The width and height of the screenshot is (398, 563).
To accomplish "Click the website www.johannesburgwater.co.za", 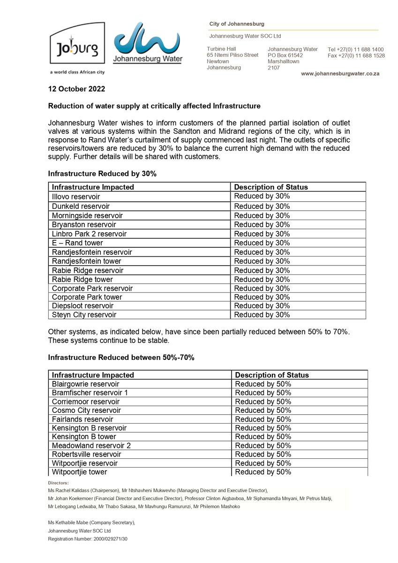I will pos(340,74).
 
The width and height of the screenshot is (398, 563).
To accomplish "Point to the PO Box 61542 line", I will pos(285,55).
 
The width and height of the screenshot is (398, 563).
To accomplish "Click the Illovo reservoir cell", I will pos(76,197).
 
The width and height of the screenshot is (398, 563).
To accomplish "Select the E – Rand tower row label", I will pos(77,243).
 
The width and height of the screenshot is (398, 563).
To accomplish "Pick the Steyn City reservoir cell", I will pos(84,315).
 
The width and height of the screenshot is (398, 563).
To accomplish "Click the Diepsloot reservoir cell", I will pos(83,306).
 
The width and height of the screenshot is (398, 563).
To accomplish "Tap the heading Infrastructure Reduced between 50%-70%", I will pos(121,358).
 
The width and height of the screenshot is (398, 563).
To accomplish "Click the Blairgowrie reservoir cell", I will pos(85,384).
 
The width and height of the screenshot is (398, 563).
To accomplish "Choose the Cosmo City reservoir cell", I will pos(86,410).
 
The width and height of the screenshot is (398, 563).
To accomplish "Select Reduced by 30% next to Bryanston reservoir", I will pos(262,224).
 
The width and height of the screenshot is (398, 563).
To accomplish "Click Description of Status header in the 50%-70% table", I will pos(271,375).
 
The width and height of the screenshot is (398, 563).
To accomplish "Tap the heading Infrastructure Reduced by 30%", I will pos(102,174).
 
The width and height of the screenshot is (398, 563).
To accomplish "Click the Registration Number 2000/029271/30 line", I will pos(88,539).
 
